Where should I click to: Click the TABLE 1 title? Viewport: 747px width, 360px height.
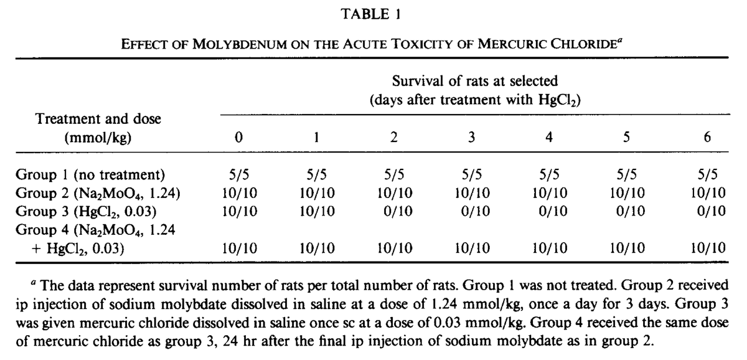[370, 14]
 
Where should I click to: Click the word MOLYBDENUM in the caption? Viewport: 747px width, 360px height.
[240, 44]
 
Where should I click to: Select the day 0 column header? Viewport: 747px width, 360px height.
[239, 137]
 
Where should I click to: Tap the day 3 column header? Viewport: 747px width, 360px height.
[472, 137]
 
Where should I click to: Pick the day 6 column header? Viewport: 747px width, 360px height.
[707, 137]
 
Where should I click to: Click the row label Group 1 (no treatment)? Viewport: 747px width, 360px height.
[90, 175]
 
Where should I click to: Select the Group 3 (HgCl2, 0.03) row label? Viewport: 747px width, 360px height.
[86, 212]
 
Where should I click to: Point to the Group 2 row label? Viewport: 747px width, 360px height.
[98, 193]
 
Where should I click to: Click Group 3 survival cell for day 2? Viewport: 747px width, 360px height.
[398, 211]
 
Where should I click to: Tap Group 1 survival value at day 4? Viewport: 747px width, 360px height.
[549, 174]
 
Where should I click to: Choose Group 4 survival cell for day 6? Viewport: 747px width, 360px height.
[708, 248]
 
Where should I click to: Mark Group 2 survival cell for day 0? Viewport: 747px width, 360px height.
[240, 193]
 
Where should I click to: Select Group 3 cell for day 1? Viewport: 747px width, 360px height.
[317, 211]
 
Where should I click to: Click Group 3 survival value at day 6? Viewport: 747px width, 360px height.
[712, 211]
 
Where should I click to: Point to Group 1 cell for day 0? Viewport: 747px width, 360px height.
[239, 174]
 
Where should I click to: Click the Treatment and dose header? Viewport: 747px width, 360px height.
[98, 119]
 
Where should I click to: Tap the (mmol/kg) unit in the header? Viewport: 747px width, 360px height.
[98, 138]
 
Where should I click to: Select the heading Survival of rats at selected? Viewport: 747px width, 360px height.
[475, 81]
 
